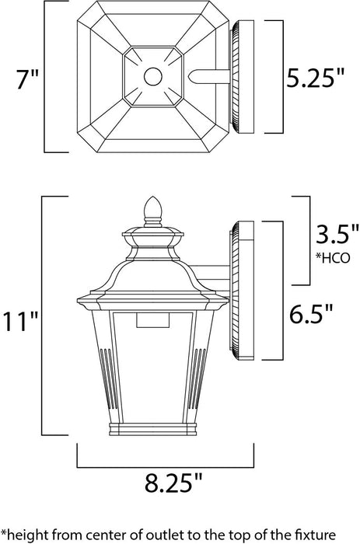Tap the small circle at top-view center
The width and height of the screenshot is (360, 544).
point(152,77)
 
